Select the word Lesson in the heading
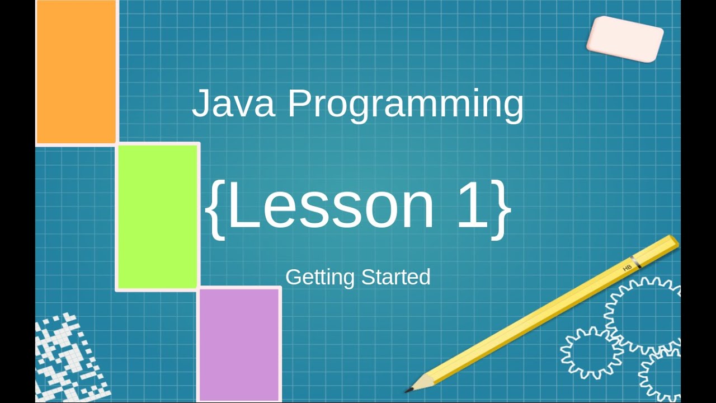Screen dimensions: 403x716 point(331,205)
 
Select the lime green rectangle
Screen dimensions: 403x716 point(158,217)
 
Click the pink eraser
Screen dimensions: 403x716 point(625,39)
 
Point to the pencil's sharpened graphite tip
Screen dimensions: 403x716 point(409,388)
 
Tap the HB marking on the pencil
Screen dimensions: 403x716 point(626,268)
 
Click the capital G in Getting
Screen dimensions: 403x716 point(293,277)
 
